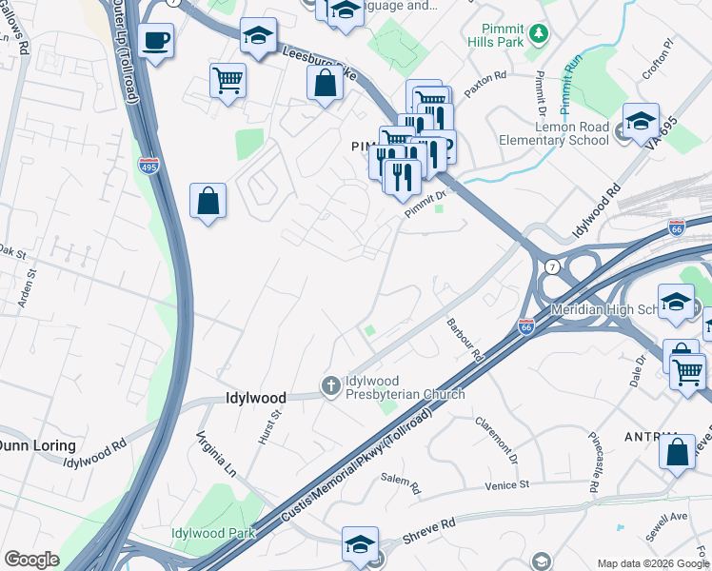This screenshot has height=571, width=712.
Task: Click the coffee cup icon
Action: tap(155, 41)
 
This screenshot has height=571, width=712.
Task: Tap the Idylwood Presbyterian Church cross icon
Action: tap(331, 385)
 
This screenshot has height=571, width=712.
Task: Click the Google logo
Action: tap(31, 560)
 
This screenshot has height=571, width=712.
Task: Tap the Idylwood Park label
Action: tap(213, 533)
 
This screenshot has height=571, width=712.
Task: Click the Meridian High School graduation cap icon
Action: tap(676, 303)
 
